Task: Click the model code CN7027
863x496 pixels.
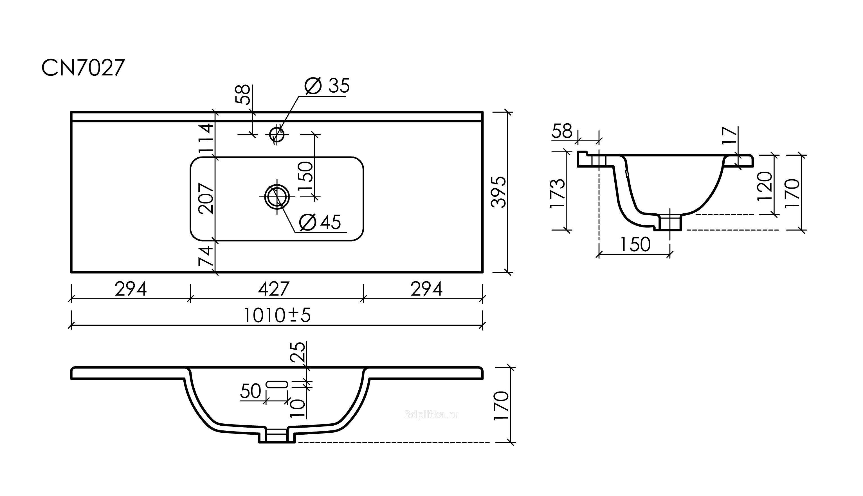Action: pos(83,68)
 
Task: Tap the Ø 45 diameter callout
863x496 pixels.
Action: pos(320,222)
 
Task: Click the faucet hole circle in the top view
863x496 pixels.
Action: pos(277,134)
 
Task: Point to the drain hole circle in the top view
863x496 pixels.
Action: pos(277,196)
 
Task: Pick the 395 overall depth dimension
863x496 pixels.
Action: pos(499,192)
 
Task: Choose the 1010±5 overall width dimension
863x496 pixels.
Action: pos(277,316)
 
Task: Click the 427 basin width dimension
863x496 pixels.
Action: pos(274,289)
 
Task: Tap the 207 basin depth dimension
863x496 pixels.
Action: pos(206,199)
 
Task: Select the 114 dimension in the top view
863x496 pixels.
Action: pos(206,138)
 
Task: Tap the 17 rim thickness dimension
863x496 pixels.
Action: pos(730,136)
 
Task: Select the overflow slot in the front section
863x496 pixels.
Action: pos(277,385)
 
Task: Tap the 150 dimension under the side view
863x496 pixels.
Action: pos(635,244)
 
